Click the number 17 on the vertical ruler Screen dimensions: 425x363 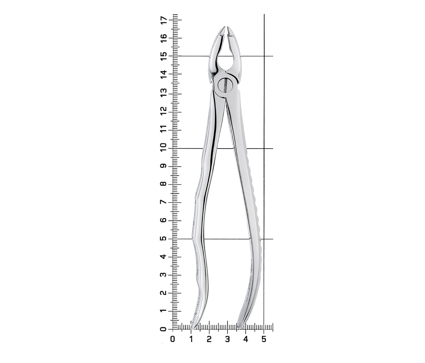(164, 20)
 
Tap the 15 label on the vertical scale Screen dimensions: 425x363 (164, 56)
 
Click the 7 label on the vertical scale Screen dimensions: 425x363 (164, 202)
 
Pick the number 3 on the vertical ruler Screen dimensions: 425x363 (164, 275)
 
